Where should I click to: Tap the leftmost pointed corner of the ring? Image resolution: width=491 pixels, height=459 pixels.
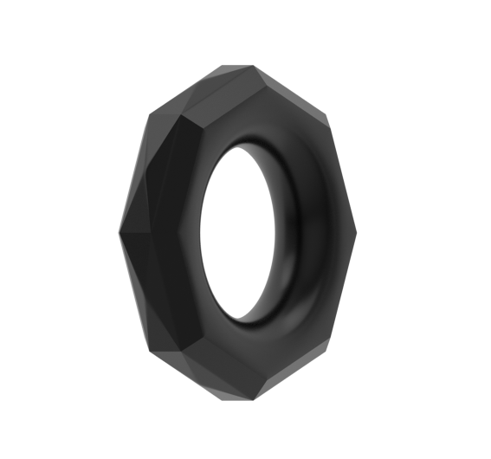pyautogui.click(x=119, y=232)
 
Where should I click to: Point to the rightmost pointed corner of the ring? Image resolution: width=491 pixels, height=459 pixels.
pyautogui.click(x=356, y=233)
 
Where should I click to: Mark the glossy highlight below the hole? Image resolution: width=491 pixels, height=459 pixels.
pyautogui.click(x=260, y=333)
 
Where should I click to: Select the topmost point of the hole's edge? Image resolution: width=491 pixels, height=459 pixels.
pyautogui.click(x=242, y=145)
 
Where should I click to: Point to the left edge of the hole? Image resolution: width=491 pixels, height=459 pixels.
pyautogui.click(x=201, y=234)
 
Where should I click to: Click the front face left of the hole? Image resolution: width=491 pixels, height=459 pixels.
pyautogui.click(x=187, y=234)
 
